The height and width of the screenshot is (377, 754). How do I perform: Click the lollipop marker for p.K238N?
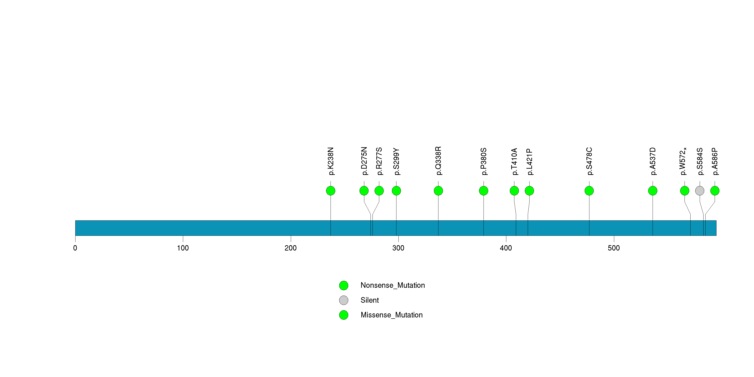coord(331,191)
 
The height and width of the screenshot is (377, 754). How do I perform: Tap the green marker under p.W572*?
coord(685,191)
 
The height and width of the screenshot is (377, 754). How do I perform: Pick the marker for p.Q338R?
coord(438,191)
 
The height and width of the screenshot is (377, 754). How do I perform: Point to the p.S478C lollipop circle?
coord(589,191)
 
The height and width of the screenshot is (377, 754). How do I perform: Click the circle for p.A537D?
coord(653,191)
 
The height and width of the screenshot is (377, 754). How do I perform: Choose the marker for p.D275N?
coord(364,191)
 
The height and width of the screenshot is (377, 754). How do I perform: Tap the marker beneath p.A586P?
coord(715,191)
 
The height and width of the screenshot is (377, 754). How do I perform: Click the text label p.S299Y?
coord(396,162)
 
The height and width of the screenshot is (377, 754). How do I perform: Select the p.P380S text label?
coord(484,162)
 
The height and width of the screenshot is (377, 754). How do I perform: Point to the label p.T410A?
coord(514,162)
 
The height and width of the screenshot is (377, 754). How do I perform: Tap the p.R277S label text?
coord(379,161)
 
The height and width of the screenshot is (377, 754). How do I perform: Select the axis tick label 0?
coord(75,248)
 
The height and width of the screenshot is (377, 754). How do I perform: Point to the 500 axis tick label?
coord(614,248)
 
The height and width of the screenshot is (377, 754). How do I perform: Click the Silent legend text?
coord(369,300)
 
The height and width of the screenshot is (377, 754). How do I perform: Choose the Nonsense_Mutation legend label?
coord(392,285)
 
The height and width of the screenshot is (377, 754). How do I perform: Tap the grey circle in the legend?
coord(344,300)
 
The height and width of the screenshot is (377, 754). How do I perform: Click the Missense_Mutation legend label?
coord(392,315)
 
